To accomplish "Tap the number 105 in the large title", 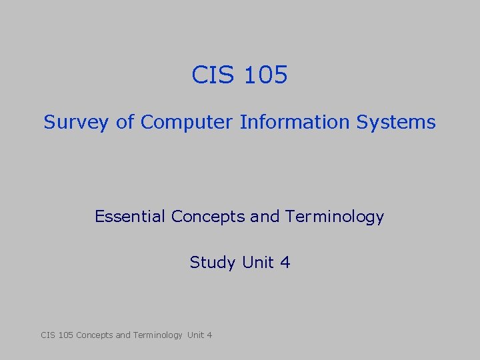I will [265, 75].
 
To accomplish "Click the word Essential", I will [131, 217].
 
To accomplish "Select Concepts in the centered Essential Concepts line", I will [202, 217].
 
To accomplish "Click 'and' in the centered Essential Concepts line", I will [265, 217].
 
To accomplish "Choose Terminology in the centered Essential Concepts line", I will [334, 217].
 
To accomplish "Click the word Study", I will [213, 263].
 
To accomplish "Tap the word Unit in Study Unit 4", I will [258, 262].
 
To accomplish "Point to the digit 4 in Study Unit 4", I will [285, 262].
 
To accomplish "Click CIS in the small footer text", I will [48, 335].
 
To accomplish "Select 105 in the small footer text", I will [67, 335].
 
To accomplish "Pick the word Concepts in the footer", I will [95, 335].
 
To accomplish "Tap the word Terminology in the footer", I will [157, 335].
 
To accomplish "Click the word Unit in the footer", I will [196, 335].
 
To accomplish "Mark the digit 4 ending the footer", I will [210, 335].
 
